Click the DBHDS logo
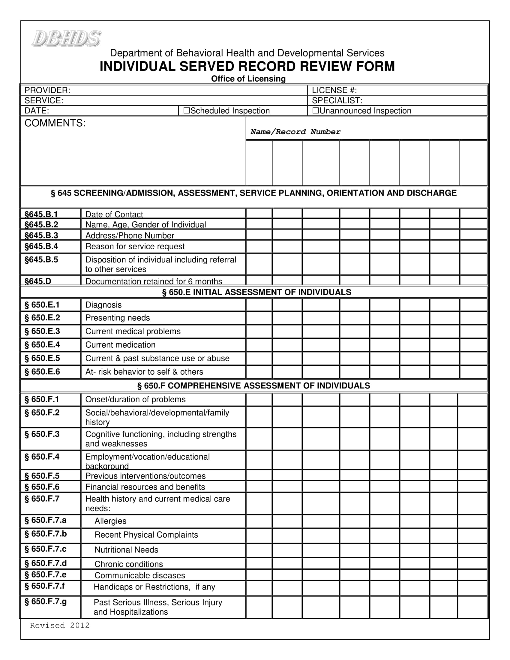click(67, 39)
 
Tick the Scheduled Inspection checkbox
click(186, 111)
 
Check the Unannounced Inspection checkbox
click(315, 111)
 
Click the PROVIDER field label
click(47, 90)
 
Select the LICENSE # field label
click(334, 90)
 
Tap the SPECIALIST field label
click(337, 100)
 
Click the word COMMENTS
click(55, 123)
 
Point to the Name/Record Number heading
click(295, 132)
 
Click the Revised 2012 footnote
click(59, 625)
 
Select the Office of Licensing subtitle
click(248, 79)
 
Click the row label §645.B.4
click(41, 246)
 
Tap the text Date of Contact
click(114, 214)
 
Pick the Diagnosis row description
click(103, 304)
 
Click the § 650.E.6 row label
click(42, 372)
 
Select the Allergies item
click(110, 521)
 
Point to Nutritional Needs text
click(126, 550)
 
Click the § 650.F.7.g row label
click(45, 601)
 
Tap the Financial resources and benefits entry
click(145, 487)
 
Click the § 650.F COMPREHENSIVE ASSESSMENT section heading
click(253, 385)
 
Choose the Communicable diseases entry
click(139, 575)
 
